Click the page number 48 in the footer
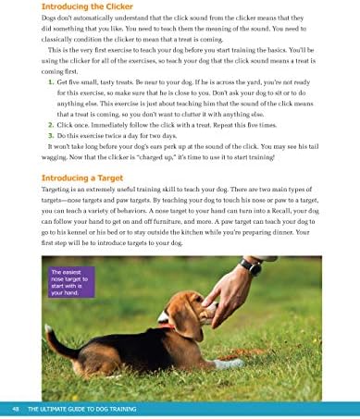point(17,408)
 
